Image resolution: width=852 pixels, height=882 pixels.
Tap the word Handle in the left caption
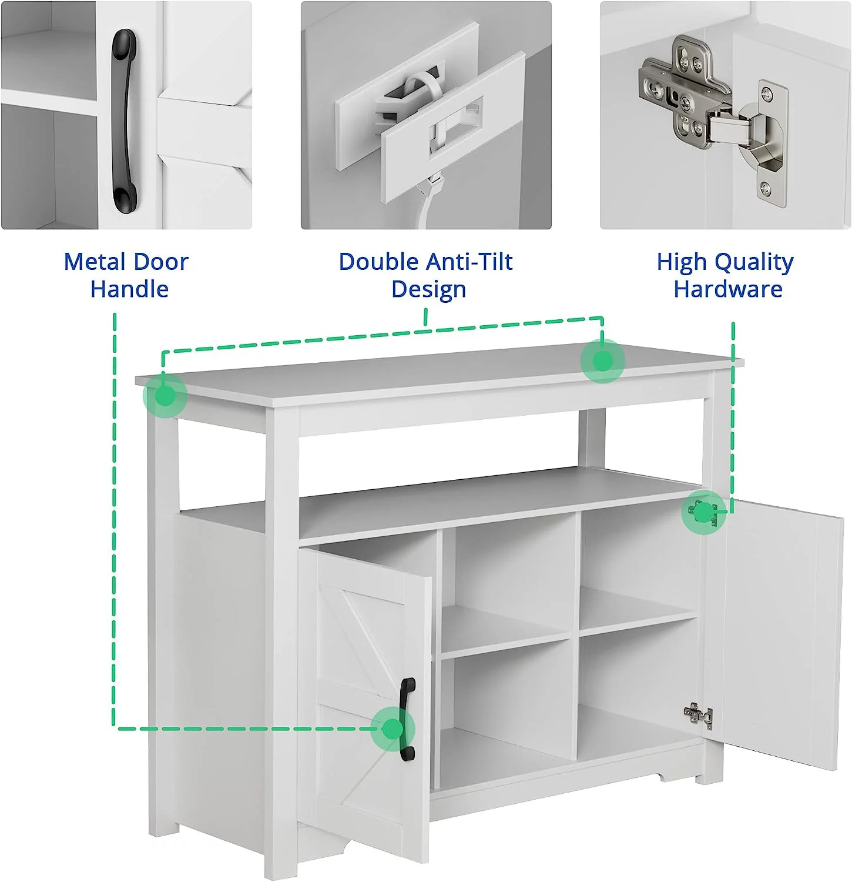[129, 289]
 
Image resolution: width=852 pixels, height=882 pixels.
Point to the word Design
[428, 290]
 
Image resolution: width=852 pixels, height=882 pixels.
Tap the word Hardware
[728, 289]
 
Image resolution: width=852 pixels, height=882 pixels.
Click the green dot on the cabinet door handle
[393, 729]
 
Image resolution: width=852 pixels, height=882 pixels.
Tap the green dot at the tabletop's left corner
[166, 396]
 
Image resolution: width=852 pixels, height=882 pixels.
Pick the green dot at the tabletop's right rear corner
[602, 360]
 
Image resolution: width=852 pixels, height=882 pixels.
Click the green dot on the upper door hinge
[703, 513]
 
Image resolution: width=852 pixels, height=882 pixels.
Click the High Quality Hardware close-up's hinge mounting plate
[772, 144]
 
